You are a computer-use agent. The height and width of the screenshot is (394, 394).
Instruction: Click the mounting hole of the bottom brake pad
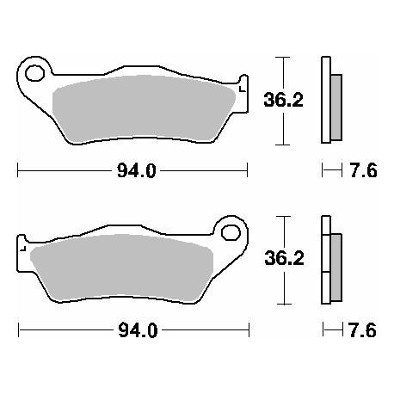pos(231,232)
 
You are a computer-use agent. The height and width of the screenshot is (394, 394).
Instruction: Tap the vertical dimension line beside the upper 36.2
pos(282,100)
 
